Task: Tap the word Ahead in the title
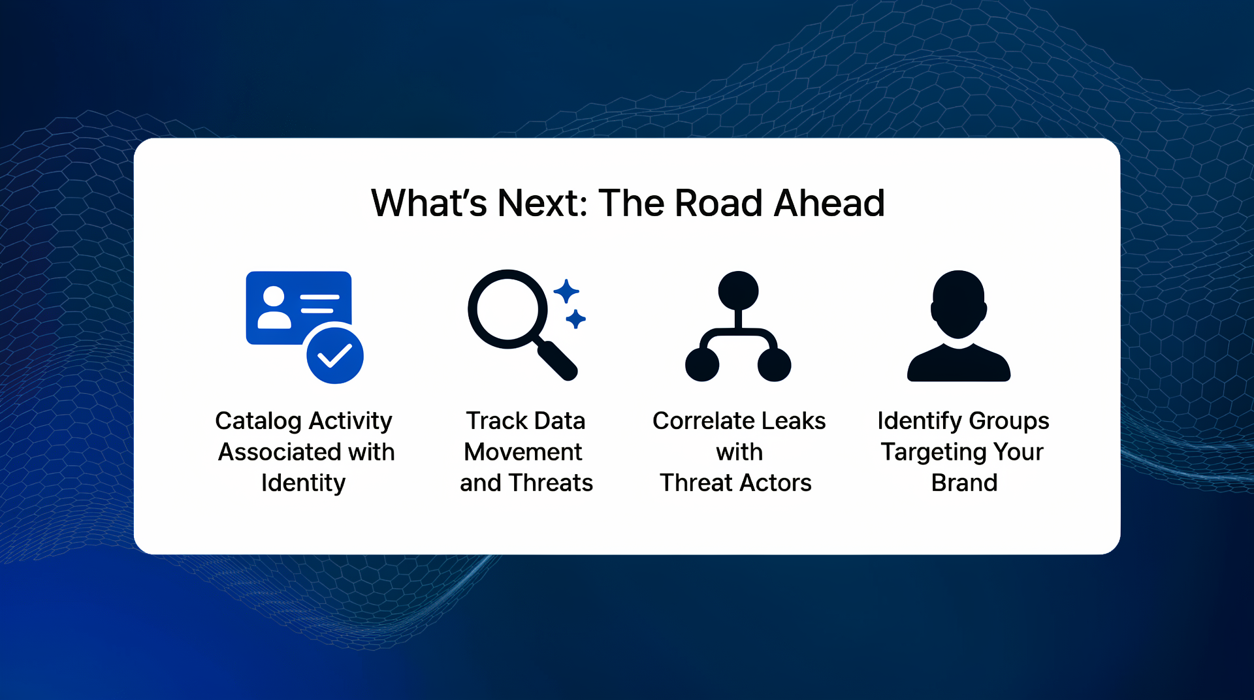[x=829, y=203]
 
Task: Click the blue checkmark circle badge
[x=335, y=355]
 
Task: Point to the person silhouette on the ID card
[x=274, y=308]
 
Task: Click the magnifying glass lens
[x=507, y=308]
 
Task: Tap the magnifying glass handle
[x=557, y=358]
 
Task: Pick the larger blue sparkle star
[x=566, y=291]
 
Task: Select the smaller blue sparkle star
[x=575, y=319]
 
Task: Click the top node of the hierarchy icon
[x=738, y=290]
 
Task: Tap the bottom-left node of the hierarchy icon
[x=702, y=364]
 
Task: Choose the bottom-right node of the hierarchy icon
[x=774, y=364]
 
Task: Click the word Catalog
[x=258, y=421]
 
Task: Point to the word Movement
[x=522, y=452]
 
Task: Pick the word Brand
[x=964, y=483]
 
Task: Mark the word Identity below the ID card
[x=303, y=484]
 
